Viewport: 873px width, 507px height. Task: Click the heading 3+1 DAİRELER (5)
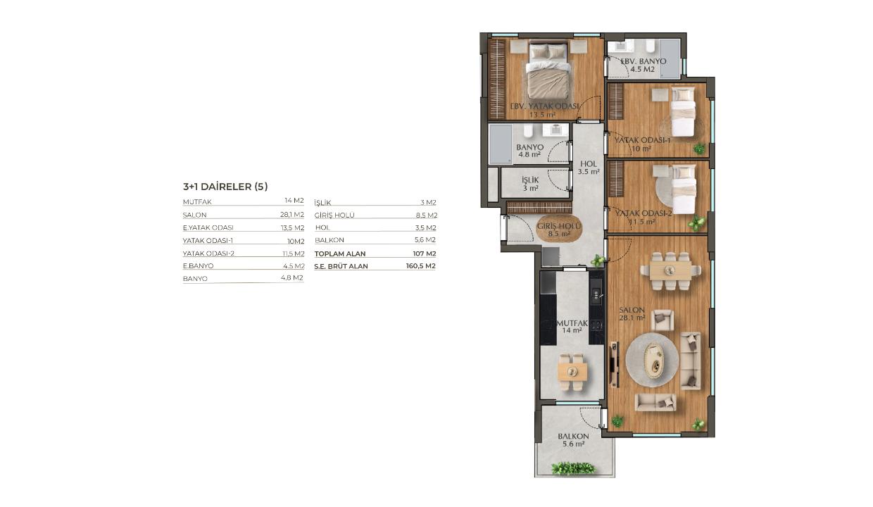[x=225, y=187]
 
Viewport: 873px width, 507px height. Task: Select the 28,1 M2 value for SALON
[x=292, y=214]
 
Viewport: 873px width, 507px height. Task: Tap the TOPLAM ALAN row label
[x=340, y=254]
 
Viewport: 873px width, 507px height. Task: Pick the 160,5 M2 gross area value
[x=420, y=265]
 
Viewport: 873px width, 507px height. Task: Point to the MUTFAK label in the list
[x=197, y=202]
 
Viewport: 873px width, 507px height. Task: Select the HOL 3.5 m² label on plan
[x=589, y=168]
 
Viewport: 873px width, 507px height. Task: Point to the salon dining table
[x=670, y=270]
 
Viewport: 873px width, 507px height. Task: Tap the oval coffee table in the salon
[x=653, y=361]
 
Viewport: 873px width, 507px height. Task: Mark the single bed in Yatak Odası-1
[x=683, y=111]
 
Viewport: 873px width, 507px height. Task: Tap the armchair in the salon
[x=662, y=320]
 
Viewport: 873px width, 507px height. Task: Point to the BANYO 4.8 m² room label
[x=529, y=151]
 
